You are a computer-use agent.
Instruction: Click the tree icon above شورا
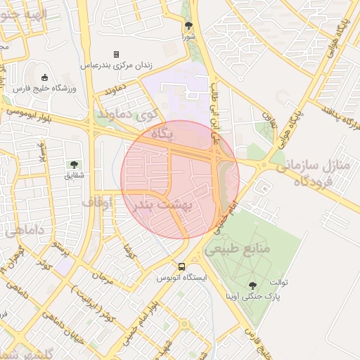click(188, 25)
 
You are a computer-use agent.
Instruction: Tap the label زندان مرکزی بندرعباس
click(116, 65)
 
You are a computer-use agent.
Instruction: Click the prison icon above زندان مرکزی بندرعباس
click(116, 54)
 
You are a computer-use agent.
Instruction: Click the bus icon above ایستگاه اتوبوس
click(182, 267)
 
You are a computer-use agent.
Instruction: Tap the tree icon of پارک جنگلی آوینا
click(252, 285)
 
